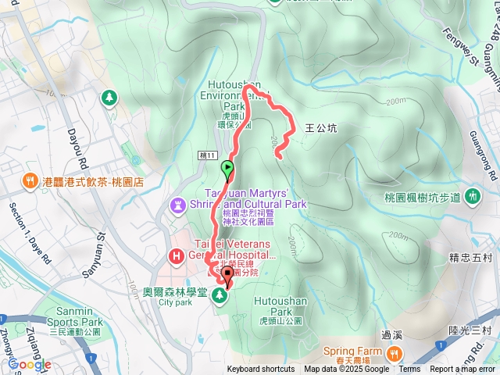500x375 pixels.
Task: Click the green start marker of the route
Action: click(x=227, y=167)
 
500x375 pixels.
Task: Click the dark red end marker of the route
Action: click(x=227, y=274)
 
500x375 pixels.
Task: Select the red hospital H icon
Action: click(x=177, y=255)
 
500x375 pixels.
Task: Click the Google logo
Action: click(x=30, y=364)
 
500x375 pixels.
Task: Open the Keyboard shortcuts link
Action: click(x=261, y=370)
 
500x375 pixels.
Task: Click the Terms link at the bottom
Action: click(x=409, y=370)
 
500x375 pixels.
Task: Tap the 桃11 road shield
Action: click(x=206, y=156)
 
